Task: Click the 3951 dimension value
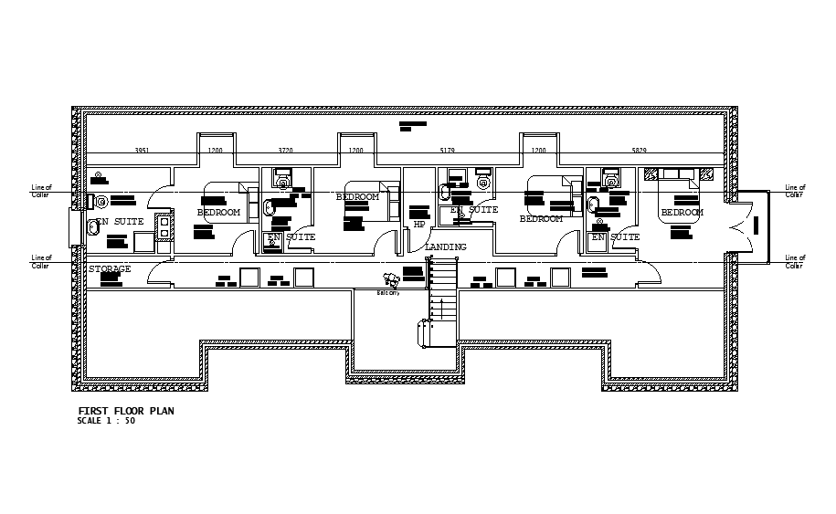coord(142,150)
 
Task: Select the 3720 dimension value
coord(286,150)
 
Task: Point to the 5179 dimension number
coord(447,150)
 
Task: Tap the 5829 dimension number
coord(639,150)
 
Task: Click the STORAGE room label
coord(110,269)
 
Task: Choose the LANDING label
coord(445,247)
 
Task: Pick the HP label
coord(419,224)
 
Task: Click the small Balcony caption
coord(389,293)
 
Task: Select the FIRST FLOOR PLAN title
coord(126,411)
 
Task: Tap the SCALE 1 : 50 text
coord(107,421)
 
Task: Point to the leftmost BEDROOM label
coord(218,213)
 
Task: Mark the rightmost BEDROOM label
coord(682,213)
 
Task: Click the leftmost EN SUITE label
coord(122,222)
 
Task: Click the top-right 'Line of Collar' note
coord(795,191)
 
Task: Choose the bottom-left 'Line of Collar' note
coord(41,261)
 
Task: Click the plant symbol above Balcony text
coord(390,280)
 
